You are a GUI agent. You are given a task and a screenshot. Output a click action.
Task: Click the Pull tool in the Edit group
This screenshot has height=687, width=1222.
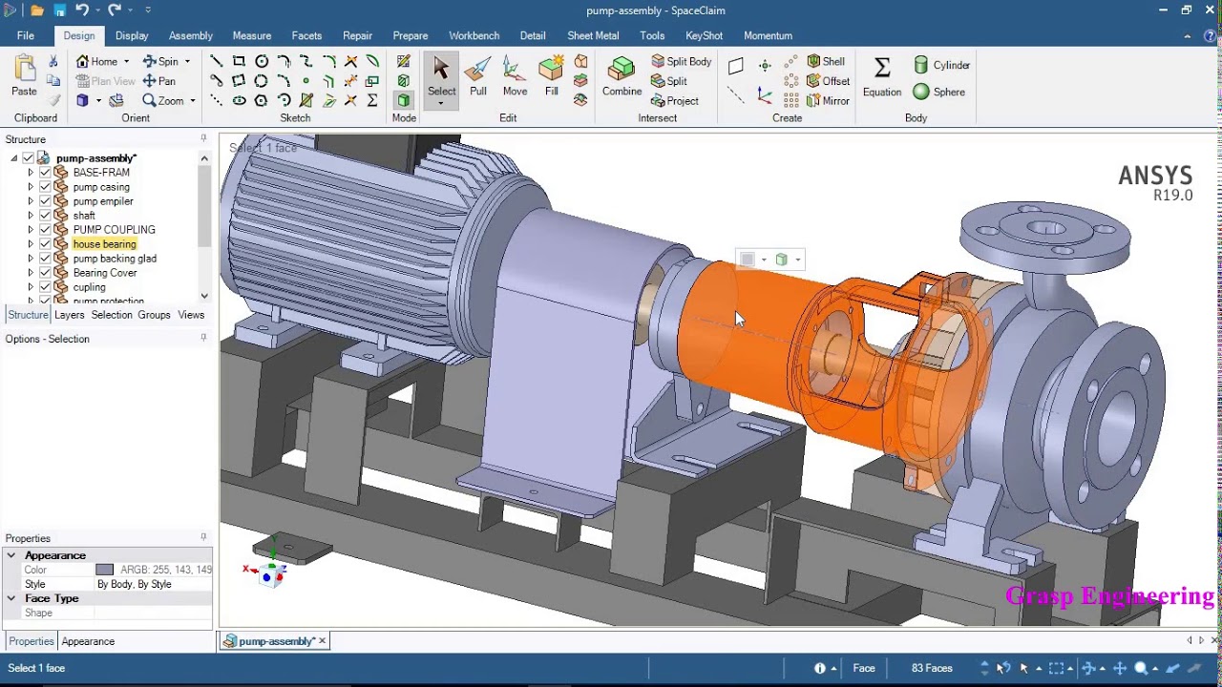pos(477,76)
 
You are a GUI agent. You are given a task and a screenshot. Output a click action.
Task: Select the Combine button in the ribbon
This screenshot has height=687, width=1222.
pos(622,76)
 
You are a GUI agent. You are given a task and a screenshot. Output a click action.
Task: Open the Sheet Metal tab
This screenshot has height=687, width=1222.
pos(593,35)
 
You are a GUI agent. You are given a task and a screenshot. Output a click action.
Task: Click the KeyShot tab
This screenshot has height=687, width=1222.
pos(704,35)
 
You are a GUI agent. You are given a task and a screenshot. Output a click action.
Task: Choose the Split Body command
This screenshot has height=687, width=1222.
pos(681,61)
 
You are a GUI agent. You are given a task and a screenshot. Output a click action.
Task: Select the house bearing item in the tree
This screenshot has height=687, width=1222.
pos(104,244)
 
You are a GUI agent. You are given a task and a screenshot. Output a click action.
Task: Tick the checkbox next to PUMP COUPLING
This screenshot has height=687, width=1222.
pos(45,230)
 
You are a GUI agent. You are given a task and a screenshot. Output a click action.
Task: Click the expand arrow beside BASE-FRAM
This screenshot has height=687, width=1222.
pos(31,173)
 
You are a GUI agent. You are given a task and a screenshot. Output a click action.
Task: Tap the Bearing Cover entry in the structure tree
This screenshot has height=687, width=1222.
pos(105,273)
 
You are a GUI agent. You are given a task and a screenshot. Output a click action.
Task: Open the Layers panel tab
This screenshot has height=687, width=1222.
pos(69,315)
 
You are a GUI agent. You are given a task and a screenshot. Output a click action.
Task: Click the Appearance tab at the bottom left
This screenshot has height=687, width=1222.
pos(88,641)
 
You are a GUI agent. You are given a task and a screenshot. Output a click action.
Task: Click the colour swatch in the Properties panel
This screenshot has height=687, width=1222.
pos(104,570)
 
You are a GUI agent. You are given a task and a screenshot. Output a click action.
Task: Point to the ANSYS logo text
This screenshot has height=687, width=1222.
pos(1155,177)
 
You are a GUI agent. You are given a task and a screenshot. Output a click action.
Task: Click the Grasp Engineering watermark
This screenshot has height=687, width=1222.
pos(1109,596)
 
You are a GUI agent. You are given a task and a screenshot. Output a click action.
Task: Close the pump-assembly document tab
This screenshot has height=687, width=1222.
pos(323,641)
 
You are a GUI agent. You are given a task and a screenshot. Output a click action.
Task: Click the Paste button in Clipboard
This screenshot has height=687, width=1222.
pos(24,76)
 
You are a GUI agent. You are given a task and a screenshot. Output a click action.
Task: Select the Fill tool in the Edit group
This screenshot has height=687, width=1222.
pos(551,76)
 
